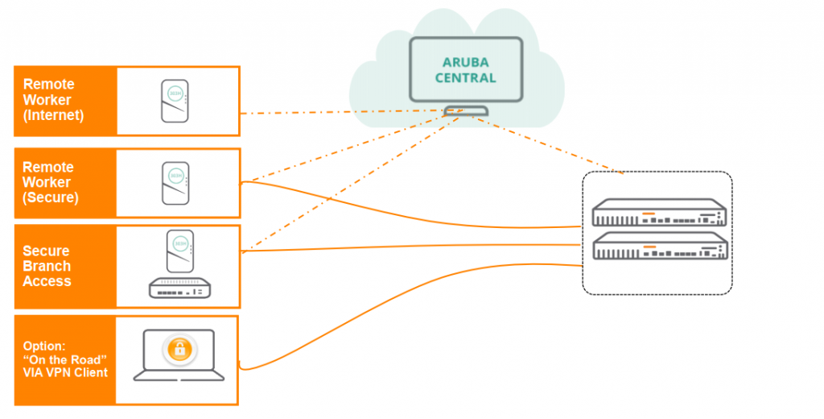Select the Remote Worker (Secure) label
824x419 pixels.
[50, 183]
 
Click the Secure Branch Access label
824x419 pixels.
[47, 266]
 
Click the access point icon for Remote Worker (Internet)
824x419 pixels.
[175, 101]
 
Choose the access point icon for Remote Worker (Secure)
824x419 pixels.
[175, 184]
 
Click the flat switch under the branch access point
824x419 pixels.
[183, 288]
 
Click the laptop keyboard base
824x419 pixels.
[179, 375]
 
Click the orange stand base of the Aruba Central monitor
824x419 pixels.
[465, 111]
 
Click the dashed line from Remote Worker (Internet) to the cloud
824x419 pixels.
[338, 111]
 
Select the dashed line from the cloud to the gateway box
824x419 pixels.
[555, 147]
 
